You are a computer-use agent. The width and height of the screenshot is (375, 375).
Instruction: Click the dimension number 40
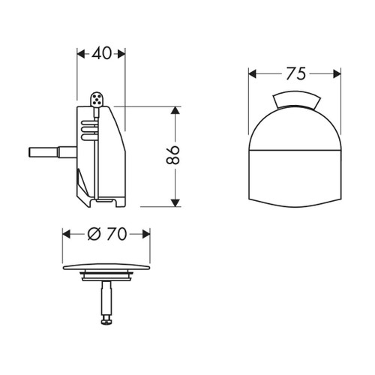[x=101, y=53]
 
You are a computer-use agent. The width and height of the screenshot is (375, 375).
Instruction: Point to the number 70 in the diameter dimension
[x=115, y=233]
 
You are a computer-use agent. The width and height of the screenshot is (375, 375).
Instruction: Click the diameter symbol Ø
[x=94, y=233]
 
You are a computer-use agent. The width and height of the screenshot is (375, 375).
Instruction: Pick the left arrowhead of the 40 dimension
[x=81, y=54]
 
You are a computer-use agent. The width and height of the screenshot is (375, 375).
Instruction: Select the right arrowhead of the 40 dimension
[x=121, y=54]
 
